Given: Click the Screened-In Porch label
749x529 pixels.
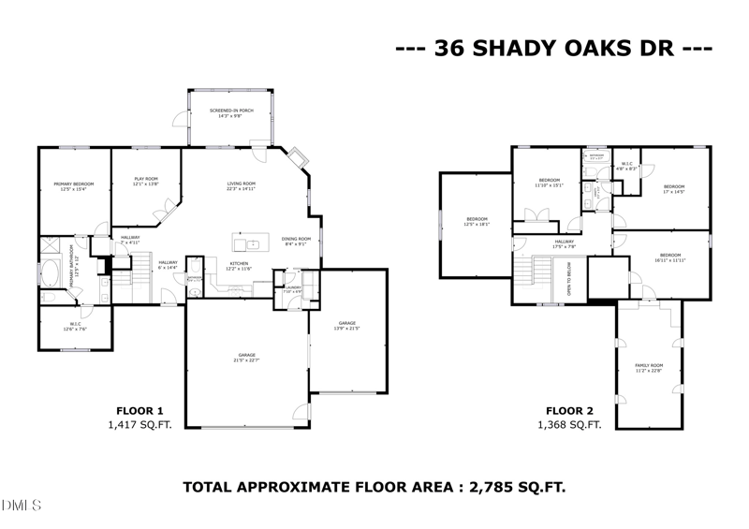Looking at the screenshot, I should click(230, 113).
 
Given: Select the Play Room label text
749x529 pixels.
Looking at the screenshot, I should click(145, 182).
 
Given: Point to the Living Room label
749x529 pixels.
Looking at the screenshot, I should click(242, 186).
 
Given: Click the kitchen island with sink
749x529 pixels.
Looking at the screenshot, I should click(252, 244).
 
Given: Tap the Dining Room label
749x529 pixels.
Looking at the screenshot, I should click(297, 242).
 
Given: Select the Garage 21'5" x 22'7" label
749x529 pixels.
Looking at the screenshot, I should click(247, 359).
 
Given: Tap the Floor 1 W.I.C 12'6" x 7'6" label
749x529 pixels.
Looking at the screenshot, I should click(74, 328).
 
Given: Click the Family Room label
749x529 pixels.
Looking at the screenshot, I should click(649, 367).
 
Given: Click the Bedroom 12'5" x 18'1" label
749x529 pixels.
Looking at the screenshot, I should click(477, 222).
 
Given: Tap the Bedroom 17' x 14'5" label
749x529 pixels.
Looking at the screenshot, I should click(674, 189).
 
